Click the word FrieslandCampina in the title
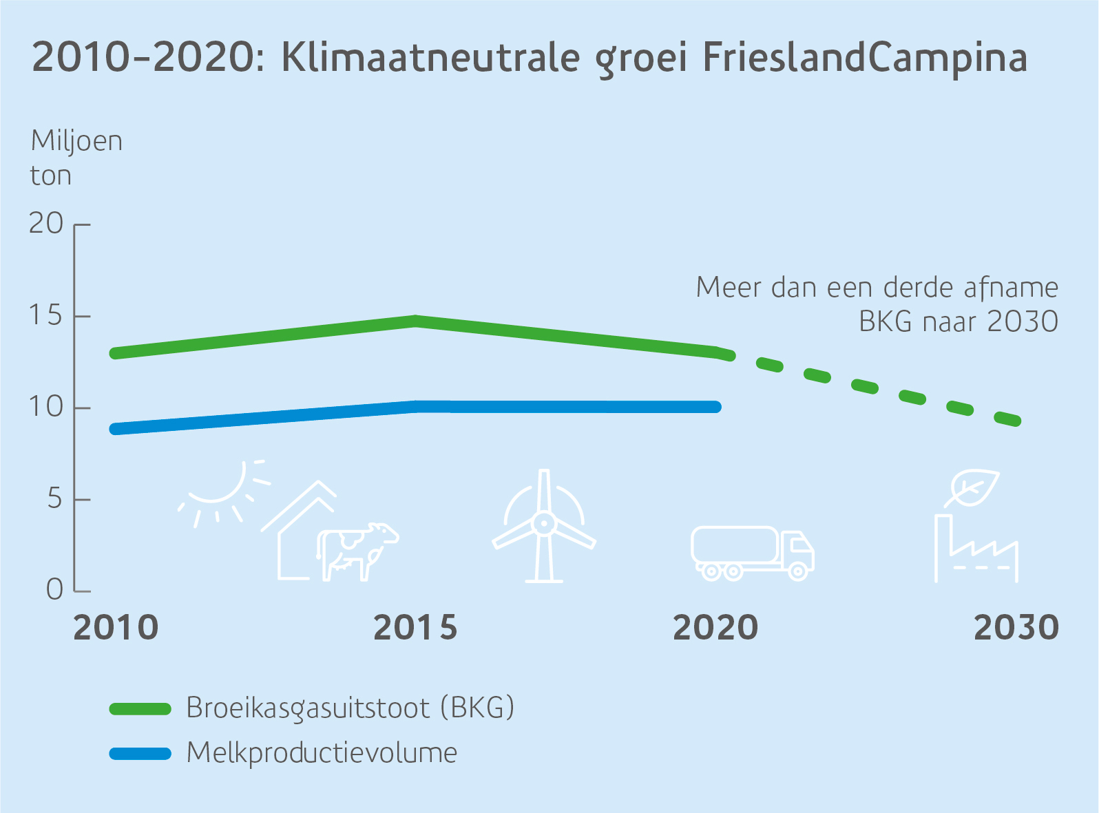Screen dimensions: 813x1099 click(865, 58)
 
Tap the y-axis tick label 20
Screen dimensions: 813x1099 click(46, 224)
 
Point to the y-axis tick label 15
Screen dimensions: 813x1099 click(46, 316)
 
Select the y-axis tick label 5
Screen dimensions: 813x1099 click(55, 499)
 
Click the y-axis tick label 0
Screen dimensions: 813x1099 click(55, 590)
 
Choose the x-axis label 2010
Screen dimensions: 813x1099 click(116, 628)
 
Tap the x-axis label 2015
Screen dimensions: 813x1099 click(415, 628)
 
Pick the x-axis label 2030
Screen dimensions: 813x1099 click(1016, 628)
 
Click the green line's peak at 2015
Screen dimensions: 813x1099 click(416, 321)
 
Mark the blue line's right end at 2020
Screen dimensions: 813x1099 click(716, 407)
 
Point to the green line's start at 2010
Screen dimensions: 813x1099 click(115, 353)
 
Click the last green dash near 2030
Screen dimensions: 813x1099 click(1008, 419)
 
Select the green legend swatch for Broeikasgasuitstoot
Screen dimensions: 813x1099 click(140, 709)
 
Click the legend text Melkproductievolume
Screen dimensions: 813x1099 click(322, 753)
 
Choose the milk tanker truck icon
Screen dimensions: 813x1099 click(753, 553)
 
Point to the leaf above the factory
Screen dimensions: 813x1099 click(972, 488)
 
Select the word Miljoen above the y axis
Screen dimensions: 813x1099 click(77, 141)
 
